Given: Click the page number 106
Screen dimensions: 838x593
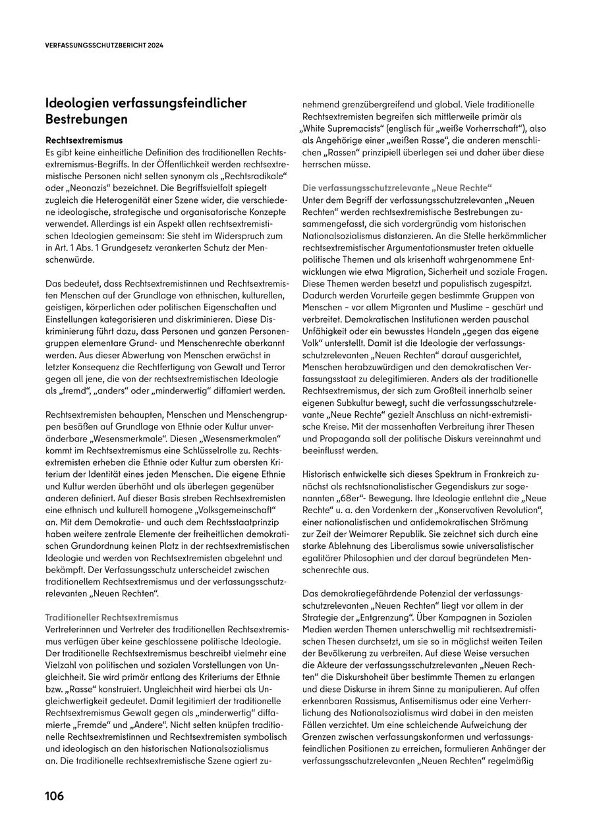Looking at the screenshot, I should (x=55, y=796).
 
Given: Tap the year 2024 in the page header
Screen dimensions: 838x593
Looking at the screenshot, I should (x=154, y=46).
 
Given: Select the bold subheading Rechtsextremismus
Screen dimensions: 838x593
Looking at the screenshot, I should (x=84, y=140).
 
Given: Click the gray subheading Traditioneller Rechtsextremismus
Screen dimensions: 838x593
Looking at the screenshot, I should (x=111, y=617).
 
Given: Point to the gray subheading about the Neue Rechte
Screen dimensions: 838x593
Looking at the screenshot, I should (x=397, y=187).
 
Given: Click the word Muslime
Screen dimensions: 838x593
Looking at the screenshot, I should (x=463, y=307).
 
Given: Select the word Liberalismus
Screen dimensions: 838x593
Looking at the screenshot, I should (x=432, y=545).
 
